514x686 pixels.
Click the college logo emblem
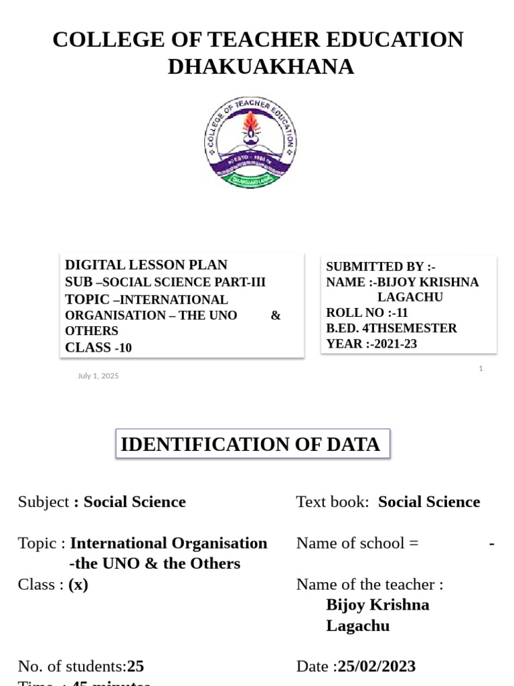[250, 142]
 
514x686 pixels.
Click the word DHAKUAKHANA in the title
[260, 67]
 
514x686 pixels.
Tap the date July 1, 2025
[98, 376]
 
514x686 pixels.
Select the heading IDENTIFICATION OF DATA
[250, 444]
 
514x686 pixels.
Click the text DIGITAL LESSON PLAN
[146, 265]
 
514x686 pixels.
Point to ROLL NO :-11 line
[367, 313]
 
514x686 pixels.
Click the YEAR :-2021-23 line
[371, 344]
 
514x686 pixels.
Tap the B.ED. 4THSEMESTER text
[392, 328]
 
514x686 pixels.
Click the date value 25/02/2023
[377, 666]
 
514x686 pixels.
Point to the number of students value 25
[135, 666]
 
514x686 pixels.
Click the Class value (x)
[78, 584]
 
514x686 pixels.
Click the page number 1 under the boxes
[481, 368]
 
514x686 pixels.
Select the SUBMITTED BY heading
[381, 267]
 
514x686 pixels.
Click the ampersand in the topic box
[276, 315]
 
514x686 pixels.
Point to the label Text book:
[333, 502]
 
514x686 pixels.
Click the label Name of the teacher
[369, 584]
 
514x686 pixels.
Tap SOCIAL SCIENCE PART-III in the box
[184, 282]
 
